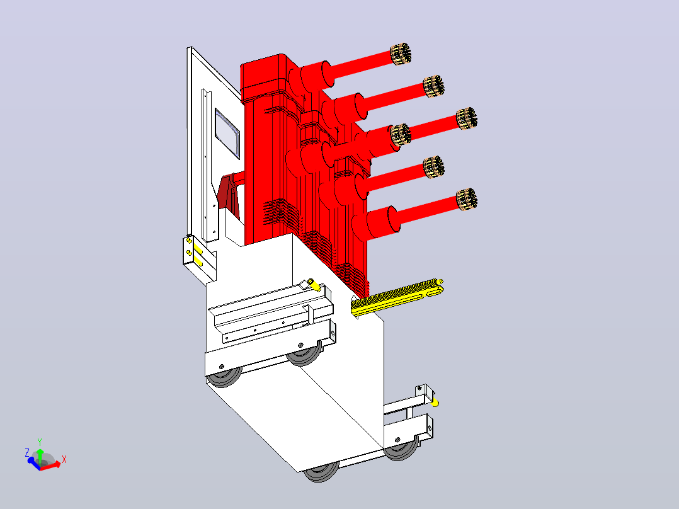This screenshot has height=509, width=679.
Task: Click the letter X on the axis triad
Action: pos(64,459)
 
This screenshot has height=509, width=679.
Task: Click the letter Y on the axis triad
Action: pos(40,442)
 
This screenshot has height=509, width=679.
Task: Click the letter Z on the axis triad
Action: pos(27,453)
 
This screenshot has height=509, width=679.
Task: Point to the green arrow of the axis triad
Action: pos(40,455)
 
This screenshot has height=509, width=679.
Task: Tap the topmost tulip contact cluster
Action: pos(401,54)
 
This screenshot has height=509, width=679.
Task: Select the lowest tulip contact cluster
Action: pos(467,199)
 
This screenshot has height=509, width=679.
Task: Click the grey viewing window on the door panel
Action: pos(227,134)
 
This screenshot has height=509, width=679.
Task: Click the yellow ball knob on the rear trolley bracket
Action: pos(435,403)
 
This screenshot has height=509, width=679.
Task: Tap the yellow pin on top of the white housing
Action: pos(314,285)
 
